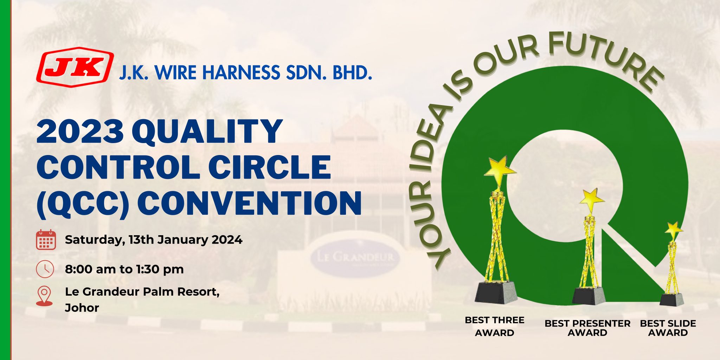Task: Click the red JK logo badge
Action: click(x=75, y=67)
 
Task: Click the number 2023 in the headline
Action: click(x=80, y=131)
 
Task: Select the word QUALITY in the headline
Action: click(x=207, y=131)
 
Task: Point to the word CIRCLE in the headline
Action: click(x=270, y=167)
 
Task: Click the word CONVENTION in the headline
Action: click(x=249, y=203)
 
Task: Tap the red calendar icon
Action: click(x=46, y=240)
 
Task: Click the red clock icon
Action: click(x=45, y=269)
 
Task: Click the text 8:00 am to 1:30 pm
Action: click(x=124, y=269)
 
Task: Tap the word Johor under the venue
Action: click(x=82, y=308)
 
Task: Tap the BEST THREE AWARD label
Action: click(x=494, y=326)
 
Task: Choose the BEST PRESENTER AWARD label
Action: click(x=587, y=328)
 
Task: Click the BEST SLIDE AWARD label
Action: click(x=668, y=328)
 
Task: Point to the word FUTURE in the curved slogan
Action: click(x=605, y=62)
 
